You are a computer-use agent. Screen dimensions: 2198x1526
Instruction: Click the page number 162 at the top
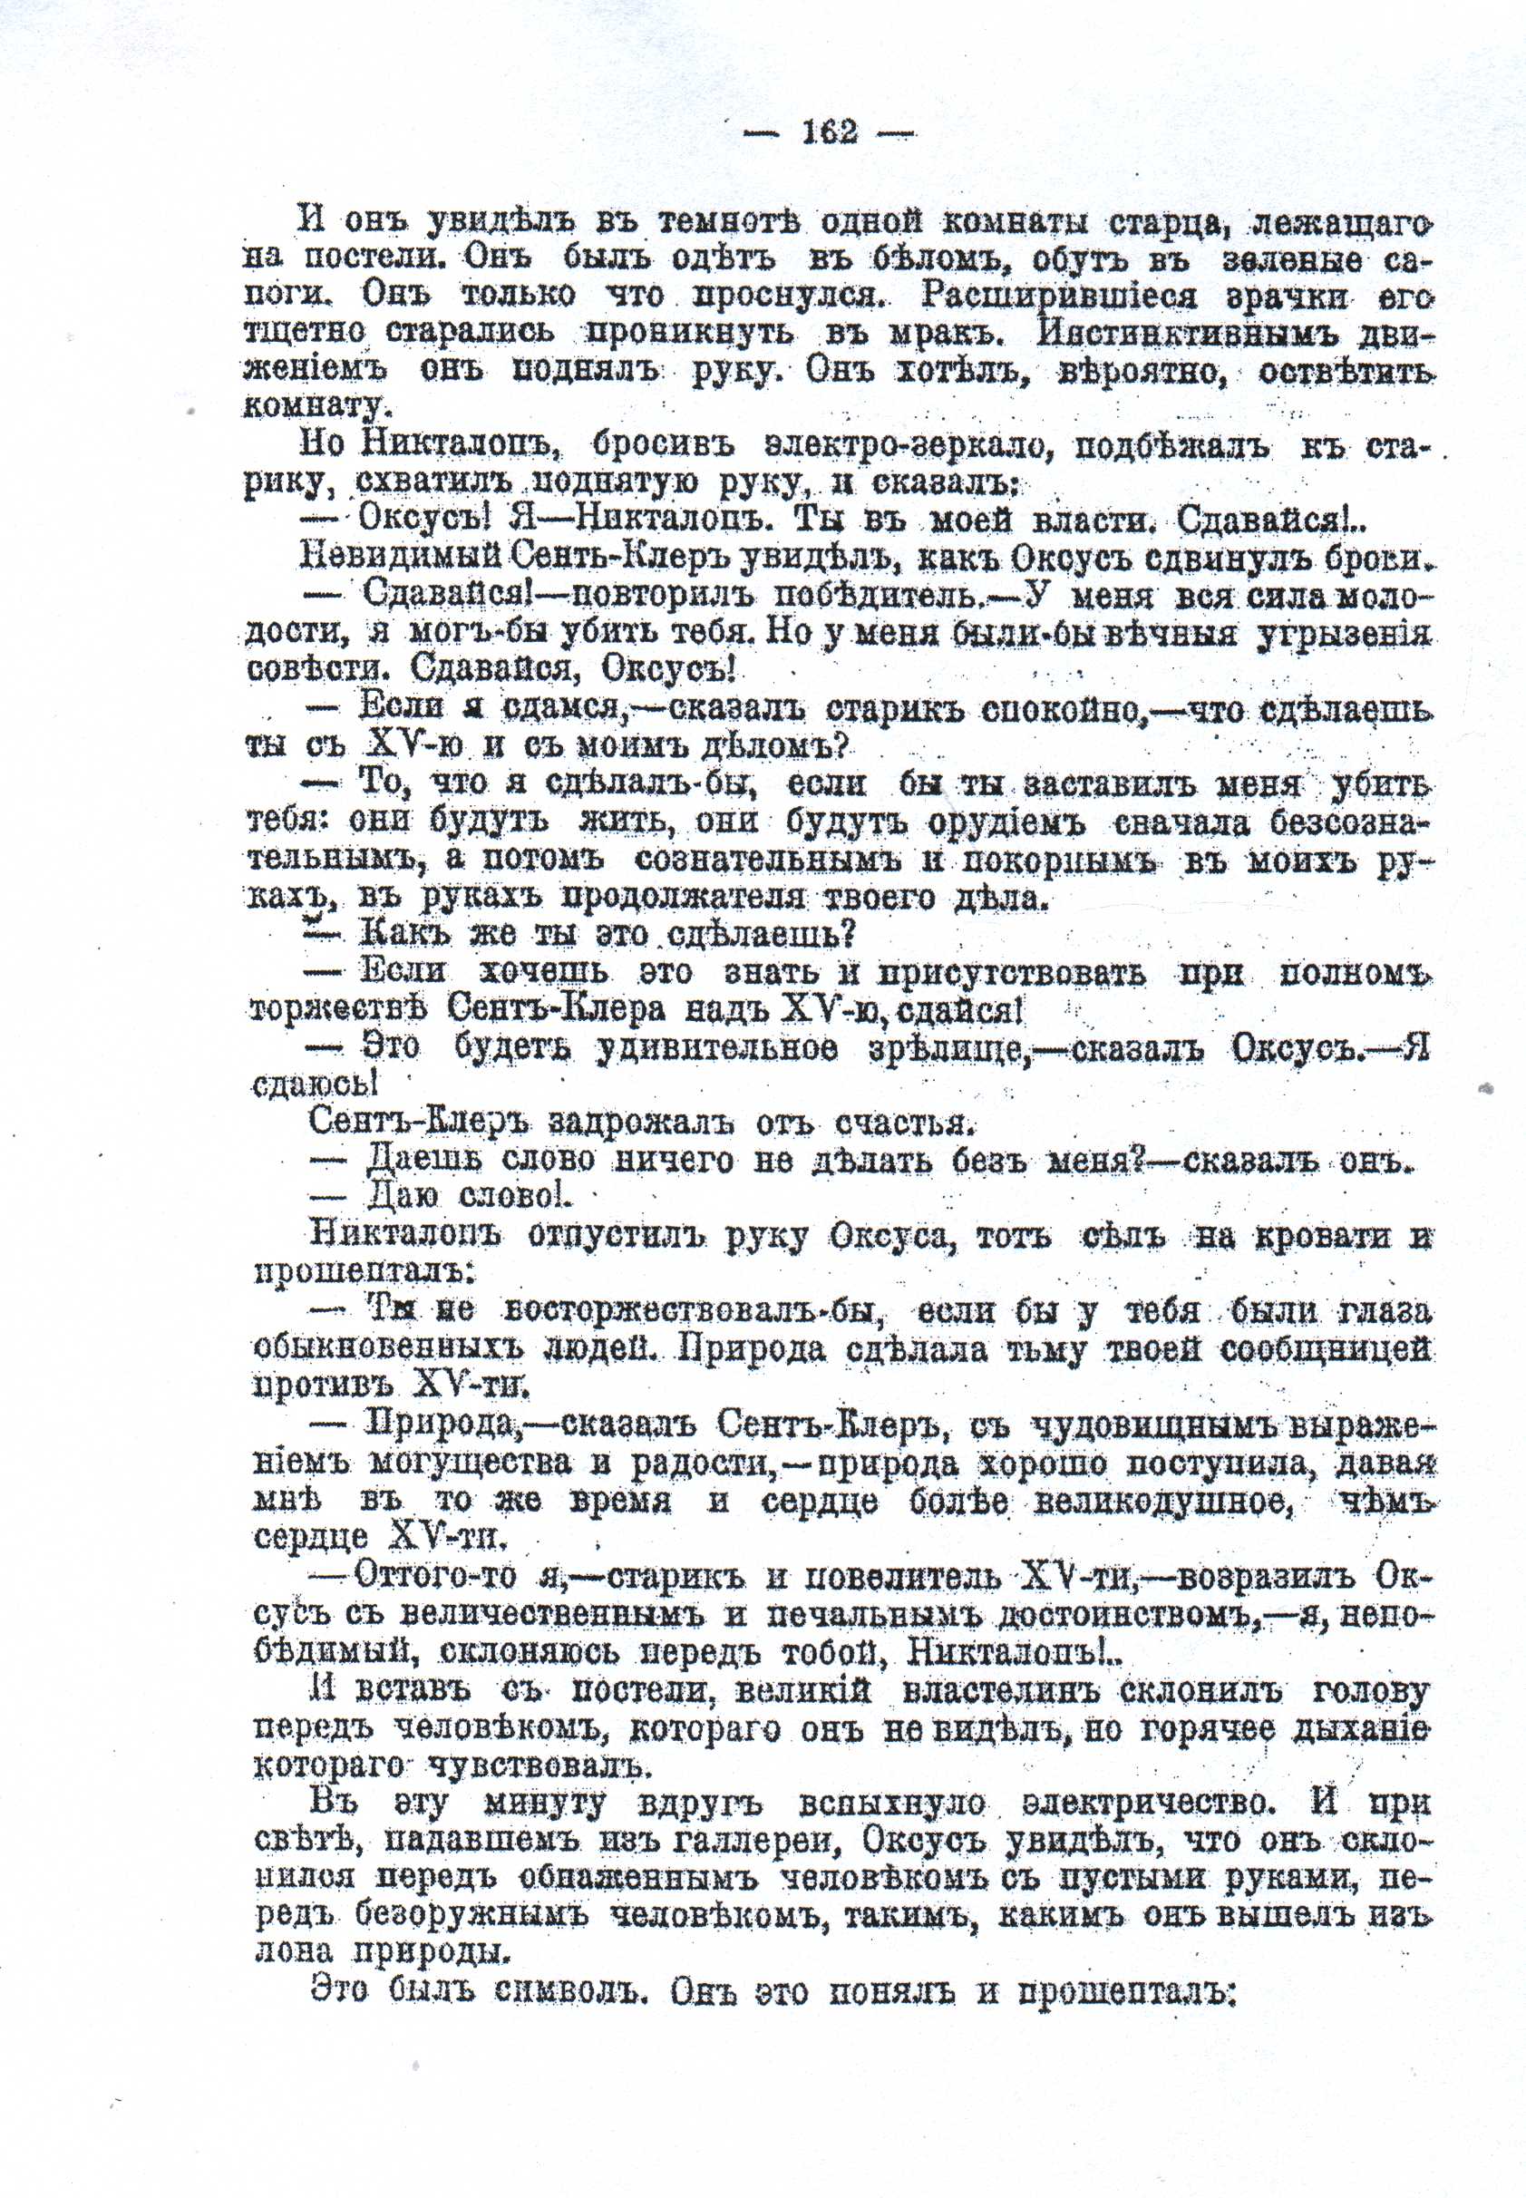[x=830, y=132]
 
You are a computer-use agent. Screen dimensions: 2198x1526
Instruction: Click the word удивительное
[x=718, y=1048]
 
